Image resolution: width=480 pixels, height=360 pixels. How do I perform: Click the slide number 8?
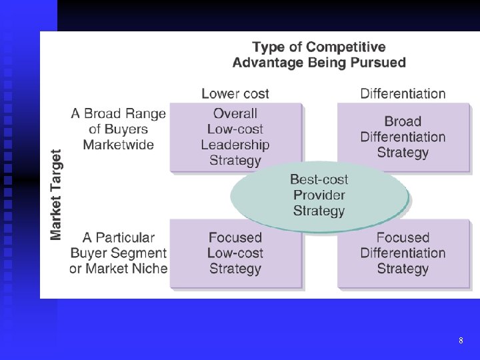[x=461, y=341]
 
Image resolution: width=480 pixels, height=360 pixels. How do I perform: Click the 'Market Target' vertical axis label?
[x=57, y=194]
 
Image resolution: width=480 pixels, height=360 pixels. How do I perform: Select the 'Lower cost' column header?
[x=235, y=93]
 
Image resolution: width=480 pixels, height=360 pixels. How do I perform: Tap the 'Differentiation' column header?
[x=403, y=93]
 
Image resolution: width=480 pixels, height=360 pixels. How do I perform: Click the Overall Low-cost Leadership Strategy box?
[x=235, y=137]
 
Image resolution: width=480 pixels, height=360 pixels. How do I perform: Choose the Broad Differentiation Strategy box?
[x=403, y=137]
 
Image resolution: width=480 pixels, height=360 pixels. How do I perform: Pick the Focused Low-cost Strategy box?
[x=235, y=253]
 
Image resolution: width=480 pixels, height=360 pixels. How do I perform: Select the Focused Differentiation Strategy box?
[x=403, y=253]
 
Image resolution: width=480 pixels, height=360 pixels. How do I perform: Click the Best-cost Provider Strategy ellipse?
[x=319, y=195]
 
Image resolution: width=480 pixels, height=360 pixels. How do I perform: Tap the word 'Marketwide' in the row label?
[x=119, y=145]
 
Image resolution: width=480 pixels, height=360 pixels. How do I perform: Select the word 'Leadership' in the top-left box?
[x=235, y=145]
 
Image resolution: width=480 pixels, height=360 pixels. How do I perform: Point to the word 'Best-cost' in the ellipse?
[x=319, y=179]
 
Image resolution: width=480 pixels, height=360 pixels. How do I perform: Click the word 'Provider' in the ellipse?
[x=319, y=195]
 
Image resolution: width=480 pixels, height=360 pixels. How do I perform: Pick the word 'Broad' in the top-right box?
[x=403, y=121]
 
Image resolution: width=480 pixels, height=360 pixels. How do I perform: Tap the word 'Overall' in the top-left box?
[x=235, y=113]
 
